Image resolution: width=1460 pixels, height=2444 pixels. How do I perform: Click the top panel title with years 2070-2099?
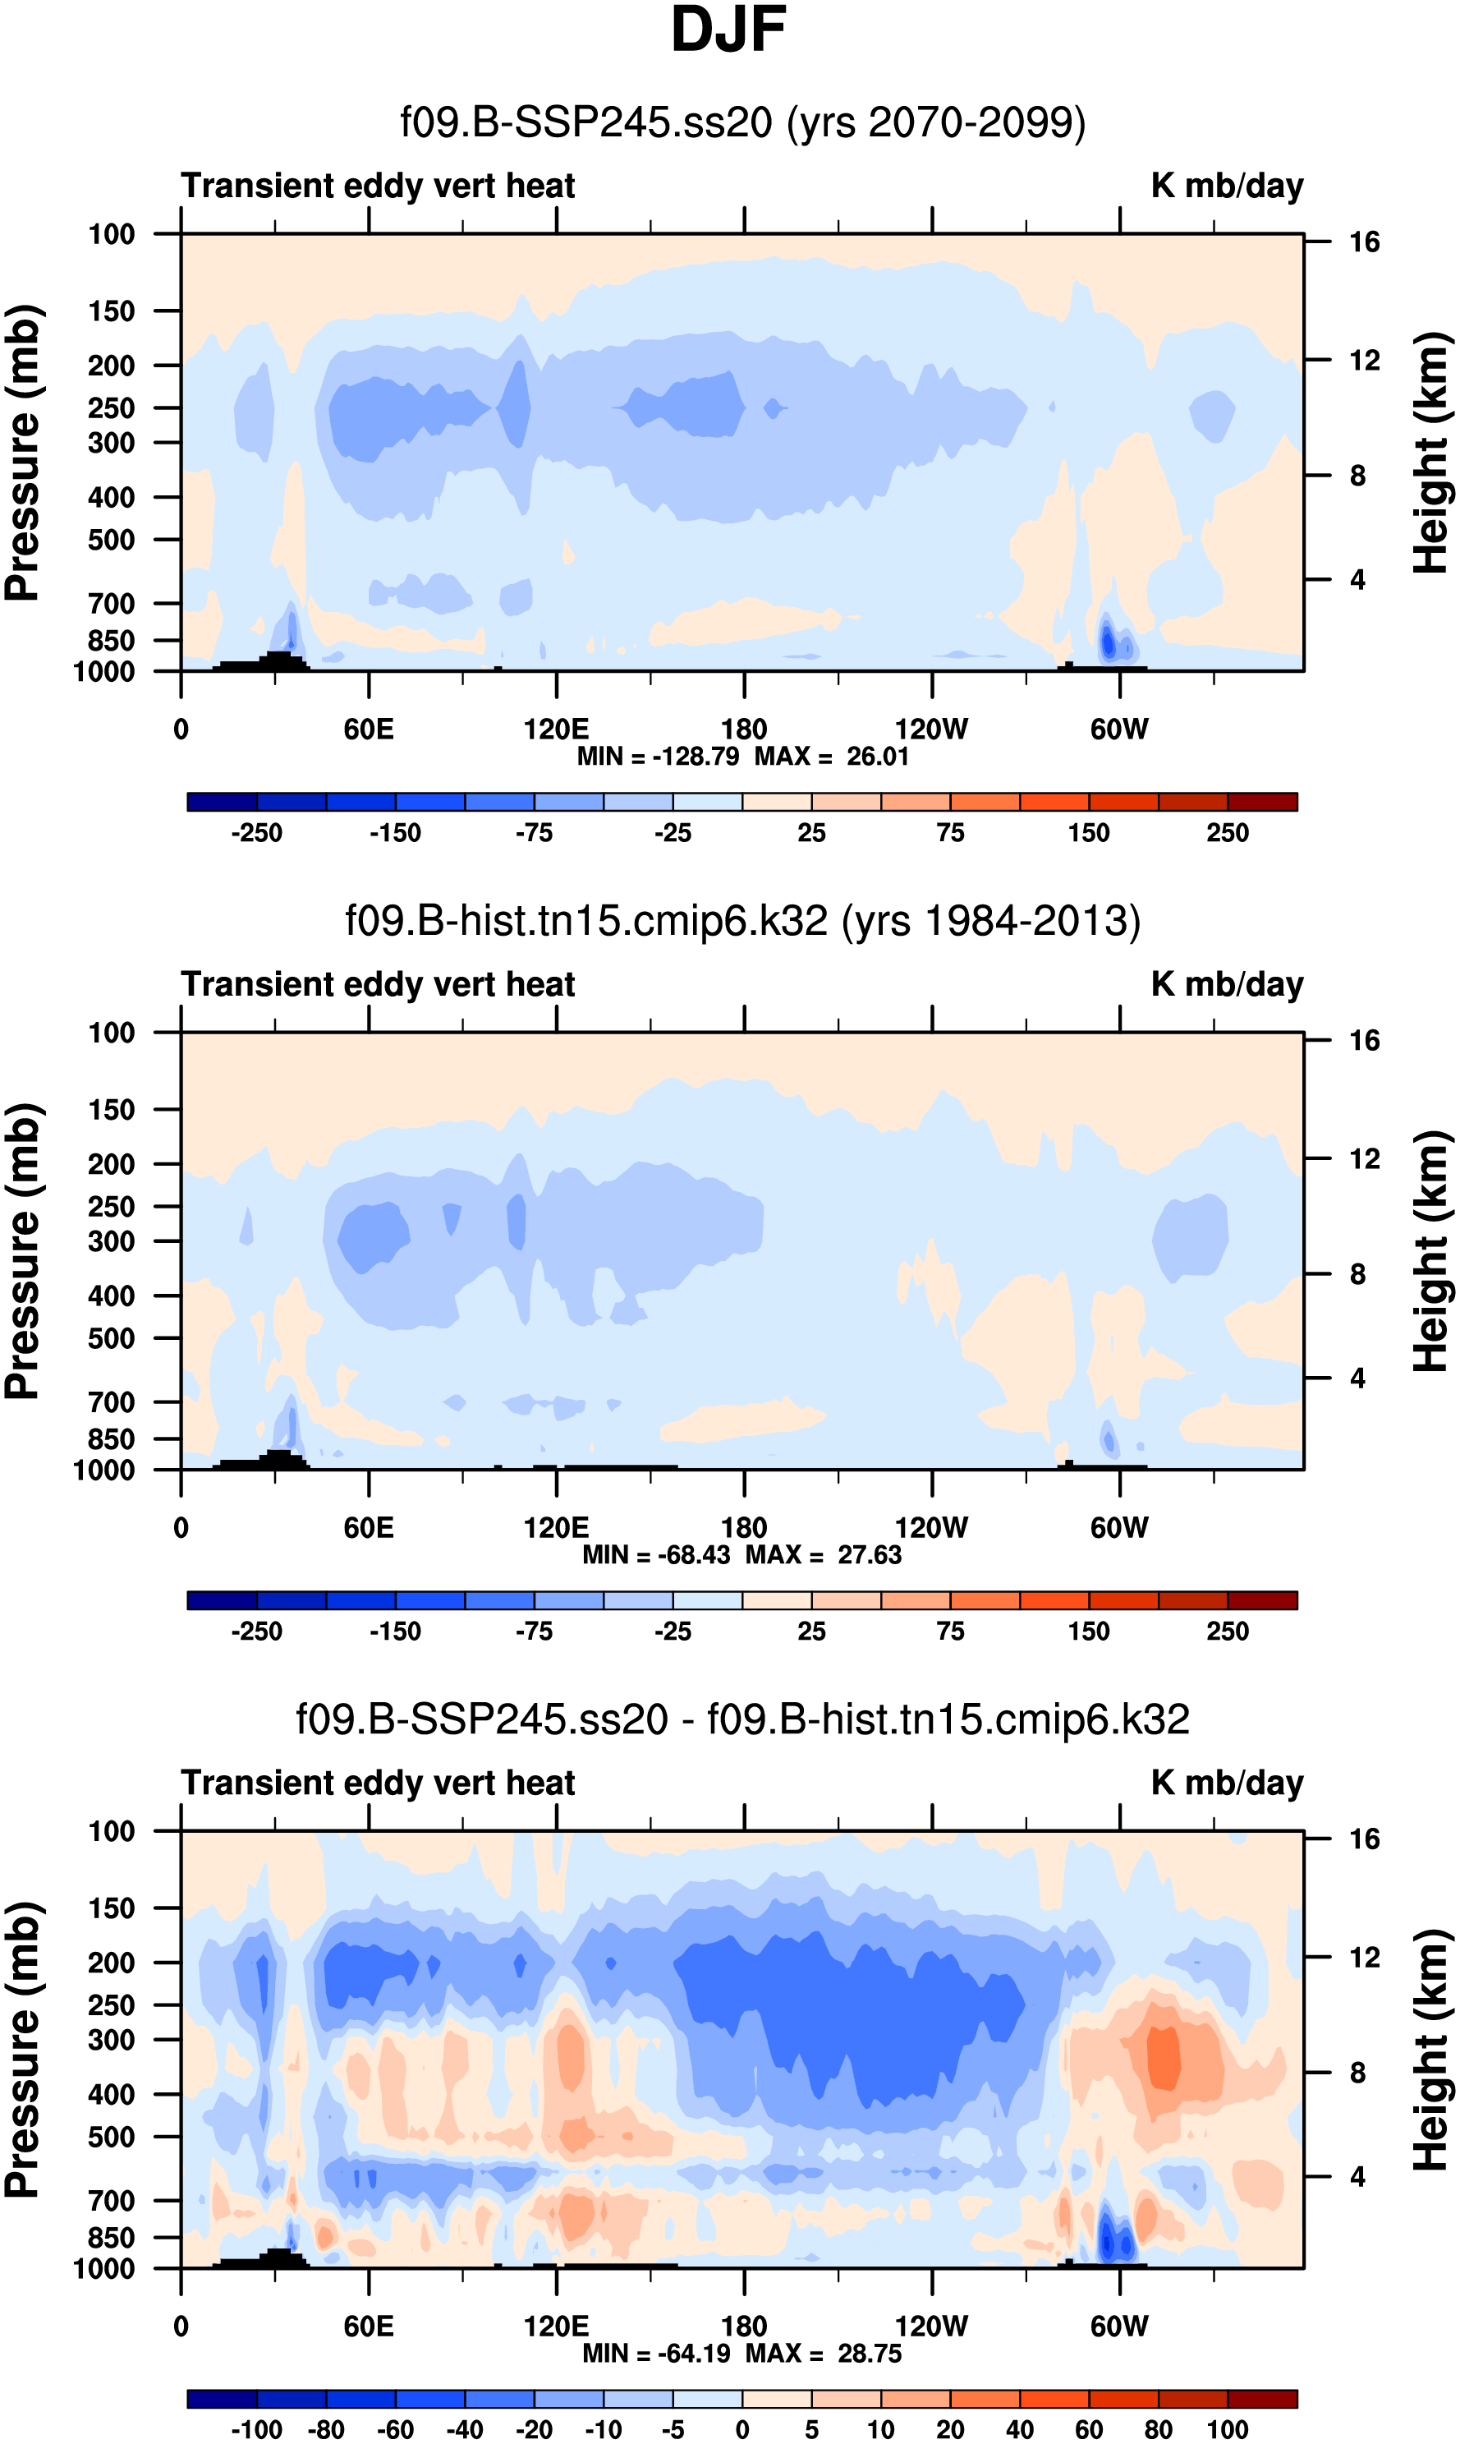click(743, 123)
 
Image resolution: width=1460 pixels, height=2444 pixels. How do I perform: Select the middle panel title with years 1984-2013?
click(743, 921)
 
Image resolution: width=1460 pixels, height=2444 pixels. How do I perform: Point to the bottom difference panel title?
click(743, 1719)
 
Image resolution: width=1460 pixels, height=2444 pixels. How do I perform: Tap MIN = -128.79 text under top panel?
click(657, 757)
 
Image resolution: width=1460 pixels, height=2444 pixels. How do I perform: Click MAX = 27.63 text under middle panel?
click(824, 1555)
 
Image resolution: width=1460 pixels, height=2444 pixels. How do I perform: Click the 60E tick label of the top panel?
click(369, 730)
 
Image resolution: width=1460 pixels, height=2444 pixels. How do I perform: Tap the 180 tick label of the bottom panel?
click(744, 2326)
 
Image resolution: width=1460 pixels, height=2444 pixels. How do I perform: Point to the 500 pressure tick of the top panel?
click(111, 541)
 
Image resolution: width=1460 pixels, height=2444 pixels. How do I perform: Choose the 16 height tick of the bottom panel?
click(1364, 1839)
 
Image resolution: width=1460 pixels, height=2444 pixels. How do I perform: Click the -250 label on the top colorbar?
click(257, 834)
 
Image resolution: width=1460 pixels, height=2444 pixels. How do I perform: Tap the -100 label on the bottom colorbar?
click(257, 2430)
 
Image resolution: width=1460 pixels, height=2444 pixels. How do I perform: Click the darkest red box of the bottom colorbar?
click(1262, 2399)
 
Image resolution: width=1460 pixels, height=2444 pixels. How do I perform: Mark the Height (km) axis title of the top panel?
click(1431, 453)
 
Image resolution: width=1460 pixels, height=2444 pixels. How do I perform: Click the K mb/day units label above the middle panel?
click(1227, 984)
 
